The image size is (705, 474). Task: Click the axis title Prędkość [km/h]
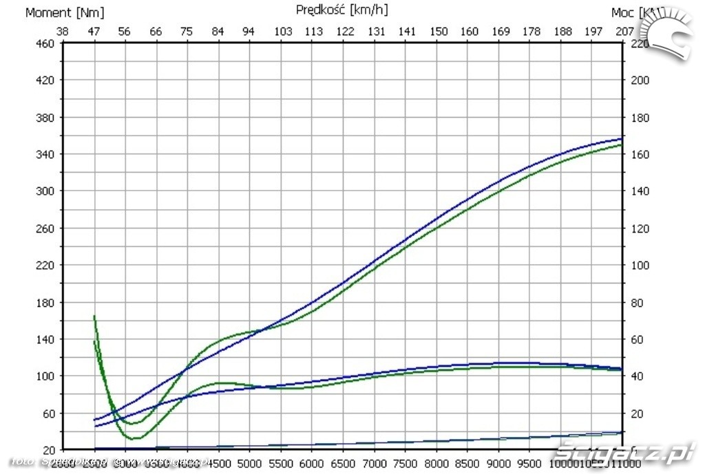click(341, 10)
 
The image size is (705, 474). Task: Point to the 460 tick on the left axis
click(45, 43)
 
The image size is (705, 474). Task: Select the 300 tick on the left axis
click(45, 191)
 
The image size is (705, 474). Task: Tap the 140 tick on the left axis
click(45, 339)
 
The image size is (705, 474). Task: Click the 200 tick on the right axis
click(640, 80)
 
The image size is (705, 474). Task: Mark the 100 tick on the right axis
click(640, 265)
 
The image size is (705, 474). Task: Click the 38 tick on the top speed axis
click(62, 31)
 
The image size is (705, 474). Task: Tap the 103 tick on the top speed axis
click(282, 31)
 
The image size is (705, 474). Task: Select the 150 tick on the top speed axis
click(439, 31)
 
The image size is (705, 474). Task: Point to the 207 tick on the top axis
click(624, 31)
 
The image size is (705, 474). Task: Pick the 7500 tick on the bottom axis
click(406, 462)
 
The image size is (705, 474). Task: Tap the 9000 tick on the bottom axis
click(500, 462)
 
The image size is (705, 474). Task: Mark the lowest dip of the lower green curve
click(135, 438)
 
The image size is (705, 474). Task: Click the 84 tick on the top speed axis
click(218, 31)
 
